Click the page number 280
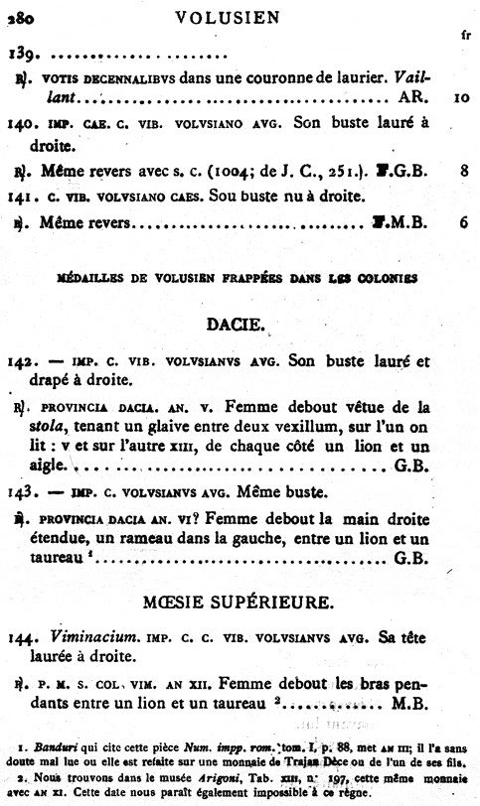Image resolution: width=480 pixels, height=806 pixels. pyautogui.click(x=20, y=17)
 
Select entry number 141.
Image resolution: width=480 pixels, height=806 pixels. pyautogui.click(x=21, y=196)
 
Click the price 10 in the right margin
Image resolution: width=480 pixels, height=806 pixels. pyautogui.click(x=459, y=99)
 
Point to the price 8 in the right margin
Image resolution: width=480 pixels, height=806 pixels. pyautogui.click(x=464, y=171)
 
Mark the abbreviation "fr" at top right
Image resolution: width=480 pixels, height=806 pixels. pyautogui.click(x=465, y=33)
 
